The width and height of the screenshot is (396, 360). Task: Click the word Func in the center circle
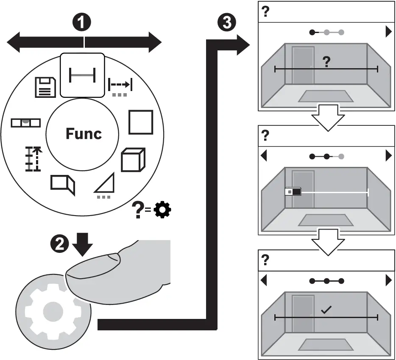click(84, 133)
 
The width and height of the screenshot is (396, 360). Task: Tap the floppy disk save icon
click(45, 87)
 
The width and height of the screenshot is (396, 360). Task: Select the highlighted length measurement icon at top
click(83, 75)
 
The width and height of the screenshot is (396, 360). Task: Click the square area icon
click(140, 122)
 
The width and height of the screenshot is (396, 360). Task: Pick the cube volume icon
click(133, 160)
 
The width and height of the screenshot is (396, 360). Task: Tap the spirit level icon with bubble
click(25, 122)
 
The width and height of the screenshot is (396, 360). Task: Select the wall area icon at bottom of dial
click(63, 184)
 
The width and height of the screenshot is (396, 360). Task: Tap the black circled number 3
click(227, 22)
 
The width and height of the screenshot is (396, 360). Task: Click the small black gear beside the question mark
click(163, 210)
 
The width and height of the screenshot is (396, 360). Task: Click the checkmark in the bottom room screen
click(326, 310)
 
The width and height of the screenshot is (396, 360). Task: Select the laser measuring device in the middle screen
click(293, 192)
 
